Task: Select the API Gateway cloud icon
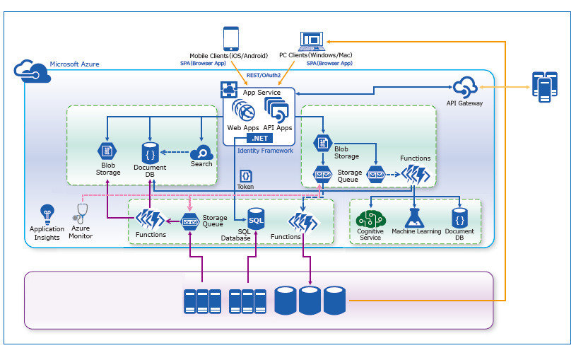466,88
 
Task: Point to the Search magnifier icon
201,153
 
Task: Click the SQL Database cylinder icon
256,220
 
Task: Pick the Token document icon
245,175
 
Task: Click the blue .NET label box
259,139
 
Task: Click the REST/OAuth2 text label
264,74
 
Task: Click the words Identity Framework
265,151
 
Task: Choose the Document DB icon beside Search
149,152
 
